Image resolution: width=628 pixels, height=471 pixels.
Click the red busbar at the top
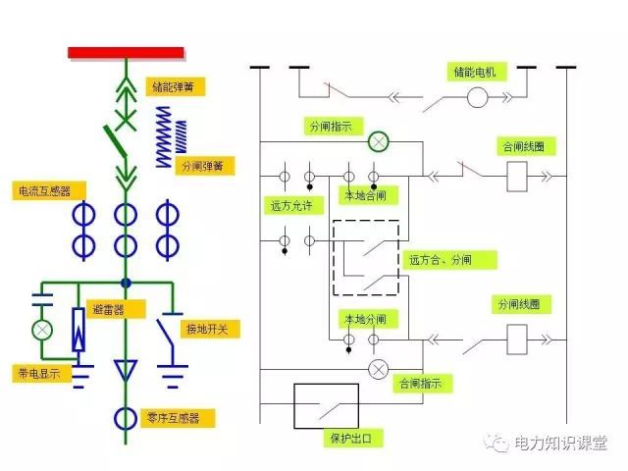126,52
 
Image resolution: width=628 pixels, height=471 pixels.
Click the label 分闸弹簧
200,166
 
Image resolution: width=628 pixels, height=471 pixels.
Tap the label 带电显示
36,374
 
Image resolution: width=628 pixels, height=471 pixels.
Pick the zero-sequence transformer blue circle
126,418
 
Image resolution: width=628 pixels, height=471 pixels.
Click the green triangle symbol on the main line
126,371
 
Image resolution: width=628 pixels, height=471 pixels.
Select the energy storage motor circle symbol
477,97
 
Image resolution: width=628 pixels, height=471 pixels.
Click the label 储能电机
476,72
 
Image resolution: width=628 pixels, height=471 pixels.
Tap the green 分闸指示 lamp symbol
378,143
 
